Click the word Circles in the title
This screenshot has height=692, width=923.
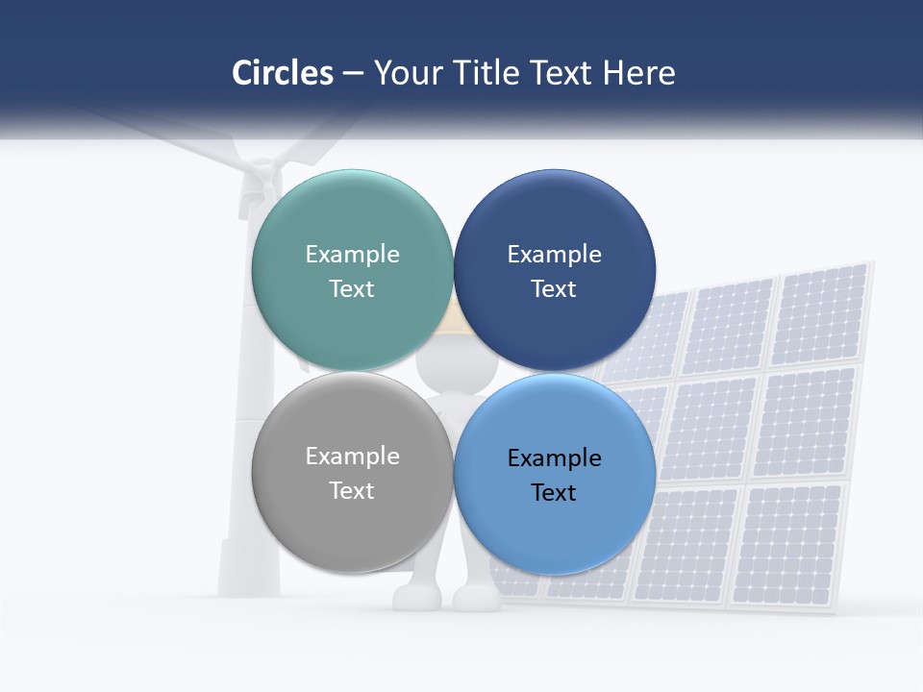[x=282, y=73]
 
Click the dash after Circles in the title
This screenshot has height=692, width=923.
[x=353, y=74]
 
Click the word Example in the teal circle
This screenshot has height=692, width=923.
[x=352, y=255]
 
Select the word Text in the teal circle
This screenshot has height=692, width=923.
[x=352, y=289]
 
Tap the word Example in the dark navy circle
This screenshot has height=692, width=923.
[x=554, y=255]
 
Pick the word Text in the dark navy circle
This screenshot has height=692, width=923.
[x=554, y=289]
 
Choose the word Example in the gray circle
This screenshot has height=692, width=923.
[x=352, y=457]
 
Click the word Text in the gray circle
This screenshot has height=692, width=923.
[x=352, y=491]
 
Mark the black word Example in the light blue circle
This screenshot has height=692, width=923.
[x=554, y=458]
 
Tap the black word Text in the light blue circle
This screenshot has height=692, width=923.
[x=554, y=493]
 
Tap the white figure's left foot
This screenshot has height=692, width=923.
[x=413, y=597]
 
